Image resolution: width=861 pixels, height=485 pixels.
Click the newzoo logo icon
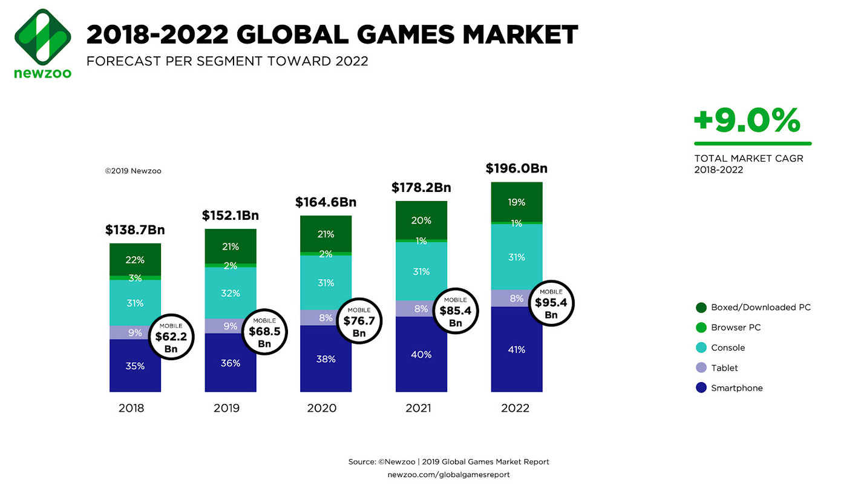[42, 36]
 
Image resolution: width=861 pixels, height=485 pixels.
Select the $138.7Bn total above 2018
[135, 230]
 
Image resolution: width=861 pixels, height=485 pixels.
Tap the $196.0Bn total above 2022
[516, 169]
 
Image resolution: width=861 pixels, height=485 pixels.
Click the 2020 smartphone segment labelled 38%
[326, 358]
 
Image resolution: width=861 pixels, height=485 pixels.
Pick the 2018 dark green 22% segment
[135, 260]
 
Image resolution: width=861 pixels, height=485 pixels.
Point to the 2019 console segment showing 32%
[231, 293]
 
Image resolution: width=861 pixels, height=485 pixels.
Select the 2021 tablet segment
[421, 309]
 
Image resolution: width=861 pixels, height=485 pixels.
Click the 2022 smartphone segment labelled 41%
[516, 349]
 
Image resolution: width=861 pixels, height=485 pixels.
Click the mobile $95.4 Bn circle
[551, 302]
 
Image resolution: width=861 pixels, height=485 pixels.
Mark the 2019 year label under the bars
[226, 408]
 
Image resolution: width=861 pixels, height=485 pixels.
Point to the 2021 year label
[418, 408]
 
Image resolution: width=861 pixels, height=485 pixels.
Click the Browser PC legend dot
[701, 328]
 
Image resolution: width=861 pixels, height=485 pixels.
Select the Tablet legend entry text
[724, 368]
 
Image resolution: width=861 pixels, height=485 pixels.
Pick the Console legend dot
[701, 348]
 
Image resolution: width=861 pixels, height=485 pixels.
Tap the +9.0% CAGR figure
[747, 120]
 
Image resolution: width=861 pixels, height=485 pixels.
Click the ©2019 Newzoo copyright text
[133, 171]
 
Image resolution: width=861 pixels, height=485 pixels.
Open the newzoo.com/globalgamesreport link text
[448, 475]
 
